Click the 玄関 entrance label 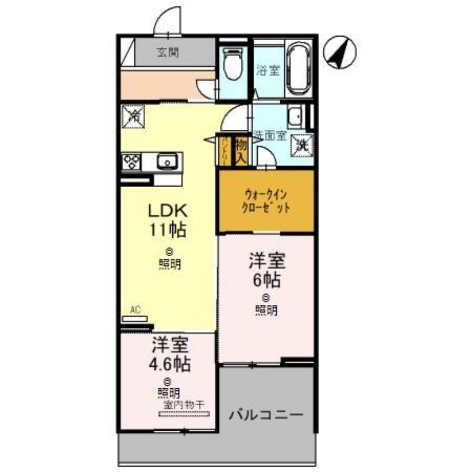pos(168,51)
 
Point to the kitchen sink pos(166,160)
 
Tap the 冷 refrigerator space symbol pos(131,115)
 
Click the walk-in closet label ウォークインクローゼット pos(266,201)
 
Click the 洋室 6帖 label pos(267,268)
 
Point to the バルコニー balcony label pos(266,414)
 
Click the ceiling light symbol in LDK pos(169,250)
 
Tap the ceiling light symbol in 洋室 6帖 pos(267,297)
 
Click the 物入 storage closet pos(241,150)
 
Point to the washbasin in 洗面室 pos(296,114)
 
